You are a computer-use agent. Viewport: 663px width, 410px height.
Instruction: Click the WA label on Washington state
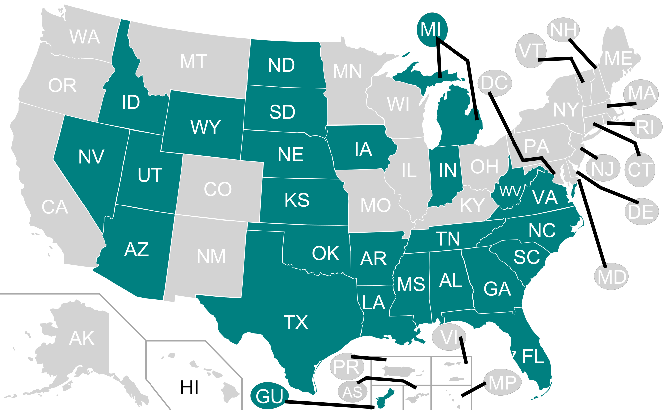(x=85, y=37)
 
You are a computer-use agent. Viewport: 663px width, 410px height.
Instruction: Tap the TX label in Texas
(x=296, y=322)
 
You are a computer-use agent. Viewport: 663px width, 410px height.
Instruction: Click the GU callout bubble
(x=270, y=396)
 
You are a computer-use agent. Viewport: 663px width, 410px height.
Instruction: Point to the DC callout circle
(x=494, y=83)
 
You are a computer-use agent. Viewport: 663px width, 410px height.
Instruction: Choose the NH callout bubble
(x=563, y=30)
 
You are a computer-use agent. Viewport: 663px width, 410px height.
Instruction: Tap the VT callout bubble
(x=531, y=51)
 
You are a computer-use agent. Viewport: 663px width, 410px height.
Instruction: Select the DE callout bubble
(x=641, y=212)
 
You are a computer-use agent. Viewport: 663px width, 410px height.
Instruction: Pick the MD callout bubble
(x=612, y=276)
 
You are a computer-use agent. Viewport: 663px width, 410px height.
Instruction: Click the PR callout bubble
(x=346, y=367)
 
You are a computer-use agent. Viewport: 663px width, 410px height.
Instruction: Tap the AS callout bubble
(x=352, y=392)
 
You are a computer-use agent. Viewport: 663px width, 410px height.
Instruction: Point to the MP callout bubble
(x=502, y=382)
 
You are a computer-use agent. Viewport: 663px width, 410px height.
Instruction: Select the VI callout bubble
(x=449, y=337)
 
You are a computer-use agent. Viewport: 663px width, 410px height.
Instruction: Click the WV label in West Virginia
(x=510, y=191)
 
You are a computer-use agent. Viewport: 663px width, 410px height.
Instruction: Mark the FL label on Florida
(x=533, y=357)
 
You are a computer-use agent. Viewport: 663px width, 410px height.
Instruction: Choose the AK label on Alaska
(x=82, y=338)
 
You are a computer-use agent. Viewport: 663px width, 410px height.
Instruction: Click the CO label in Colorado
(x=217, y=189)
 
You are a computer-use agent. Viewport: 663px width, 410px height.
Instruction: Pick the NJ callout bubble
(x=603, y=168)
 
